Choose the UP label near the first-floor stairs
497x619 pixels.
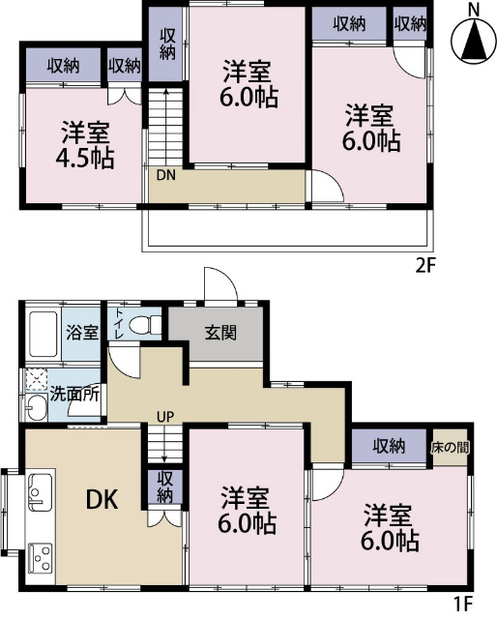tap(164, 417)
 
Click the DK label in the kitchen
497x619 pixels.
tap(102, 500)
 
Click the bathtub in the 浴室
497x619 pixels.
tap(44, 334)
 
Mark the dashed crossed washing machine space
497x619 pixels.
tap(37, 378)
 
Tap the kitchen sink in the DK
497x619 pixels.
tap(38, 493)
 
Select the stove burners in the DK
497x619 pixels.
tap(42, 556)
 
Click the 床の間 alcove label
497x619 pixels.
tap(451, 447)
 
